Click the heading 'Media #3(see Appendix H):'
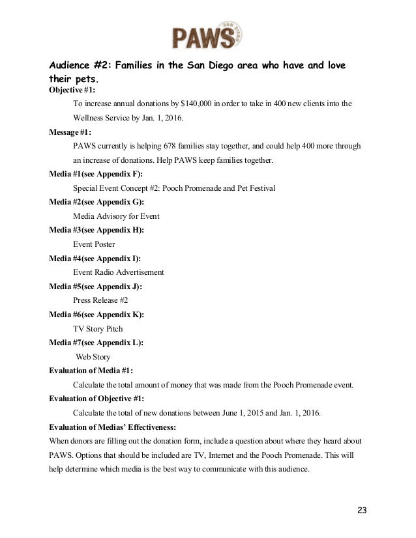pyautogui.click(x=97, y=230)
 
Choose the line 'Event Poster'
pyautogui.click(x=94, y=244)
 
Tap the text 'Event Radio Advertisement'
pyautogui.click(x=118, y=272)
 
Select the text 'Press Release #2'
pyautogui.click(x=100, y=300)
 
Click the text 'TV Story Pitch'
pyautogui.click(x=98, y=328)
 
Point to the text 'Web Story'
pyautogui.click(x=94, y=357)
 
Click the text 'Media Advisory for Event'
pyautogui.click(x=116, y=216)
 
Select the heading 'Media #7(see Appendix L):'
pyautogui.click(x=97, y=343)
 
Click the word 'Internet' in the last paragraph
pyautogui.click(x=219, y=455)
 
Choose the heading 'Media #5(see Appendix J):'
pyautogui.click(x=96, y=287)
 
